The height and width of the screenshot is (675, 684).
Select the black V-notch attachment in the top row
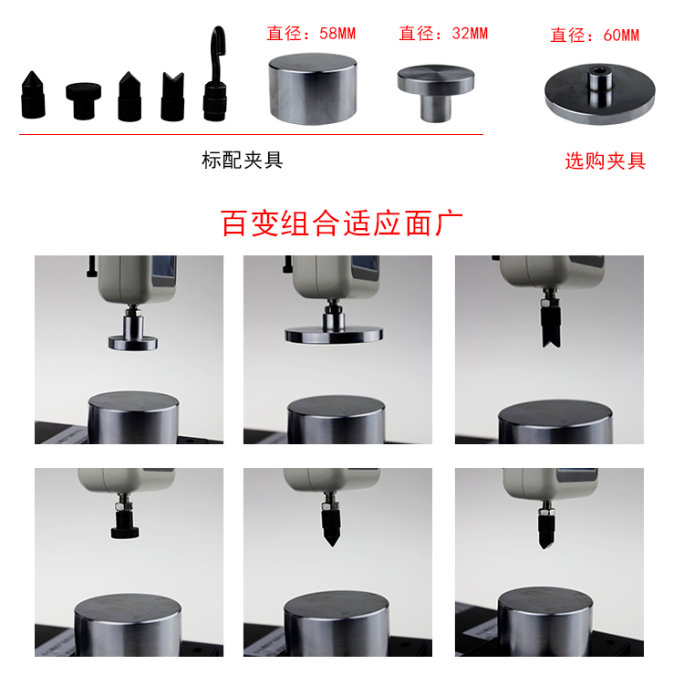(172, 97)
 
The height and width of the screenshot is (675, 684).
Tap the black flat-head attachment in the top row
(83, 100)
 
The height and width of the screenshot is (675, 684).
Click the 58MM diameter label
(312, 34)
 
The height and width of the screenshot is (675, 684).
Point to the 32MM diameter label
(443, 34)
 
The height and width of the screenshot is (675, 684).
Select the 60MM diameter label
(595, 36)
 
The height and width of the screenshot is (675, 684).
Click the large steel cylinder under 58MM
(312, 89)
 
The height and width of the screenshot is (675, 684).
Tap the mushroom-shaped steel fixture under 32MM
(436, 92)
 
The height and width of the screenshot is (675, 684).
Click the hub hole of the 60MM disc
(599, 70)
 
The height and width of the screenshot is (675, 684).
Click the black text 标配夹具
(242, 161)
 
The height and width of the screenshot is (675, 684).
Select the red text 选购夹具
(605, 161)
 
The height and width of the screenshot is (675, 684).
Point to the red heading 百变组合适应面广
(342, 223)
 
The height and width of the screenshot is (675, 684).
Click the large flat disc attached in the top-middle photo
(334, 335)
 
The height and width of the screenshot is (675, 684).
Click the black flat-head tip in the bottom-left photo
(125, 524)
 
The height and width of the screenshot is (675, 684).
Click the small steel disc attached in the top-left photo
(133, 343)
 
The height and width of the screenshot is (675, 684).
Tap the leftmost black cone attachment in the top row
(33, 95)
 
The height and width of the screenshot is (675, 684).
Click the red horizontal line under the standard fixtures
(252, 134)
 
